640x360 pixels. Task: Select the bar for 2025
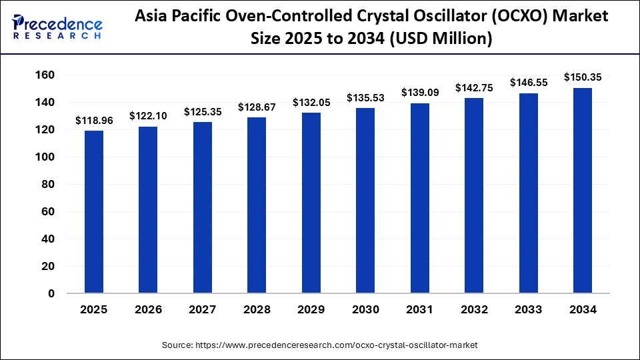click(x=94, y=212)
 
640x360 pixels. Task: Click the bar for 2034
click(x=582, y=191)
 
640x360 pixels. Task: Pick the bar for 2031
click(x=419, y=198)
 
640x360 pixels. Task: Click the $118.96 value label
click(x=94, y=121)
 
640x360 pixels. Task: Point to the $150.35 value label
click(x=583, y=77)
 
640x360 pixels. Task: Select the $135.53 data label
click(x=365, y=98)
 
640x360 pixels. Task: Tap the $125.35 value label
click(x=203, y=112)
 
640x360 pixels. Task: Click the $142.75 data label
click(x=474, y=87)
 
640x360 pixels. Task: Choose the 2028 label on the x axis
click(x=257, y=309)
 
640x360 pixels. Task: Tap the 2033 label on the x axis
click(x=528, y=309)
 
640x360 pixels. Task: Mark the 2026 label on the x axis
click(x=148, y=309)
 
